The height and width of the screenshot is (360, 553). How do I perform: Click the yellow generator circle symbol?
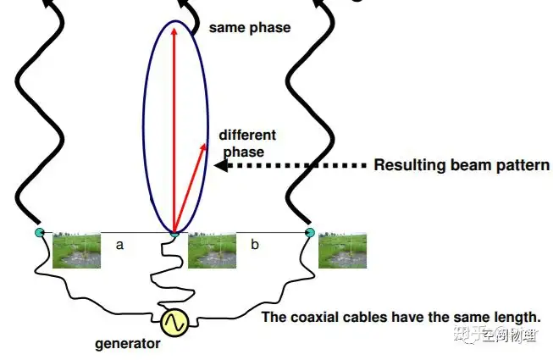point(174,322)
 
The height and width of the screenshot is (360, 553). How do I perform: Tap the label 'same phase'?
point(249,28)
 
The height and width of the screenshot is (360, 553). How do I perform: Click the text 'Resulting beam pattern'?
point(462,165)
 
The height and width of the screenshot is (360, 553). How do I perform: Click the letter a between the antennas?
point(119,244)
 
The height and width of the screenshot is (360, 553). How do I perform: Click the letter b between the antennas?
point(254,244)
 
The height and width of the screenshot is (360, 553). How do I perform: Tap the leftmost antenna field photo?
point(76,251)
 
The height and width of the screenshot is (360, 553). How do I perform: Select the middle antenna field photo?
point(211,251)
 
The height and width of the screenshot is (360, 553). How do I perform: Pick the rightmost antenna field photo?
point(342,251)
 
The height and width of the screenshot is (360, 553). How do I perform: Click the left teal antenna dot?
point(38,232)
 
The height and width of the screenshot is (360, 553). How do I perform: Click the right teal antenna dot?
point(309,232)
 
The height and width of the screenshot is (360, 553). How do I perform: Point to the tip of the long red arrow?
point(174,28)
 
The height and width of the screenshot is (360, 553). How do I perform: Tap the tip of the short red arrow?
point(206,143)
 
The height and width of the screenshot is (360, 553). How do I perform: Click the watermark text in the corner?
point(497,336)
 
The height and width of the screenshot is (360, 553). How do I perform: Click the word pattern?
point(523,165)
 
